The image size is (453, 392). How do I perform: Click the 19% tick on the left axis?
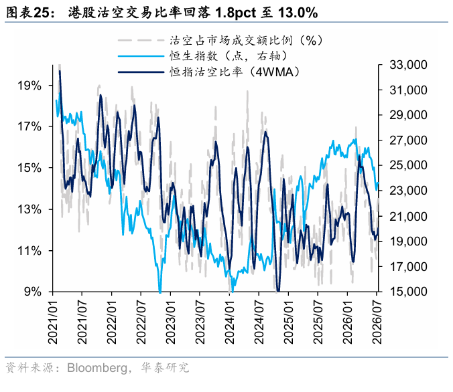tap(29, 86)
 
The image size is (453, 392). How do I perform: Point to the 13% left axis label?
tap(29, 209)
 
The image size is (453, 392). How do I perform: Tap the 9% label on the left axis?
tap(33, 292)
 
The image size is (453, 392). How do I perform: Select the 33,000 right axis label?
tap(408, 65)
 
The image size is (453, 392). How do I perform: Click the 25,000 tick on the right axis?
tap(408, 165)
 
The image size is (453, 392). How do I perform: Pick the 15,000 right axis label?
tap(408, 292)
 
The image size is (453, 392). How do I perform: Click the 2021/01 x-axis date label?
tap(53, 322)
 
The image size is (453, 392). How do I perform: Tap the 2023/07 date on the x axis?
tap(200, 322)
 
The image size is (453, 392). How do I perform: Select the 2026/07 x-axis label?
tap(377, 322)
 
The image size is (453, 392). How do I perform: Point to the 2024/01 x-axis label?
tap(229, 322)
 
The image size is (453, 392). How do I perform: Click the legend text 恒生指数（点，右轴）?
tap(229, 56)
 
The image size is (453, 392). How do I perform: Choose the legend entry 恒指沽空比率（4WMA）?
tap(235, 72)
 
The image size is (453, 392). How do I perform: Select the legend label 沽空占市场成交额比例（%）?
tap(246, 40)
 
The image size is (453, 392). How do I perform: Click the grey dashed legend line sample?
tap(141, 40)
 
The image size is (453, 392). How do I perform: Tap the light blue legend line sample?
tap(141, 56)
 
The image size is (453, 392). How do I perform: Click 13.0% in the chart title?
tap(298, 13)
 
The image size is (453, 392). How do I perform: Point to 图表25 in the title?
tap(27, 13)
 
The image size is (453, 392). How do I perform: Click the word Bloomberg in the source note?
tap(97, 368)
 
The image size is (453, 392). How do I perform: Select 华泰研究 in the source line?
tap(165, 368)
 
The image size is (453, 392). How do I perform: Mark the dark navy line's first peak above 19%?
tap(60, 71)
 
